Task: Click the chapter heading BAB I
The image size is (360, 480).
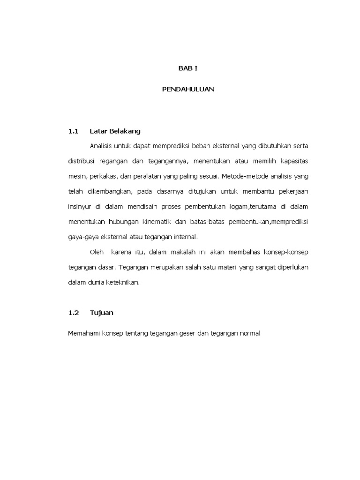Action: tap(188, 68)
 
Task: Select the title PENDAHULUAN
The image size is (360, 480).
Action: tap(188, 89)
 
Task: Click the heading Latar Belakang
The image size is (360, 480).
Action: tap(115, 131)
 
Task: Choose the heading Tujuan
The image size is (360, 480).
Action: tap(102, 312)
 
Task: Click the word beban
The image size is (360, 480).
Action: tap(191, 146)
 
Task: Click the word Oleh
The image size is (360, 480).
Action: tap(97, 252)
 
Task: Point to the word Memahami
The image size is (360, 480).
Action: tap(82, 333)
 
